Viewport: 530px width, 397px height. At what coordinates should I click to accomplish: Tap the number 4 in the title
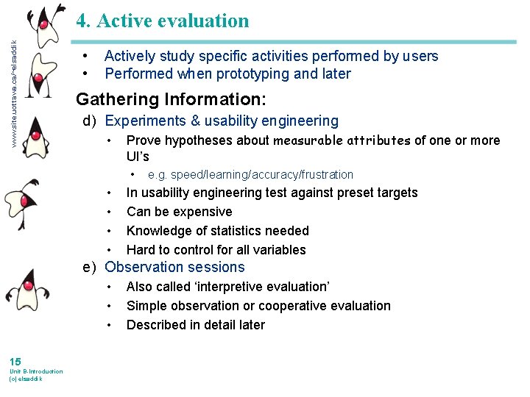[x=83, y=21]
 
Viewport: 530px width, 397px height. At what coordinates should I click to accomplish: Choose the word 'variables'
[x=279, y=250]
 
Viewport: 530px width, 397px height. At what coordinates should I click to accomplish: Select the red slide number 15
[x=15, y=361]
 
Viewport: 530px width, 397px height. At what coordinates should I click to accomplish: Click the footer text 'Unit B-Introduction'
[x=36, y=371]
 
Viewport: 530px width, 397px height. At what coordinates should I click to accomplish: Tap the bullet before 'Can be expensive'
[x=109, y=212]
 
